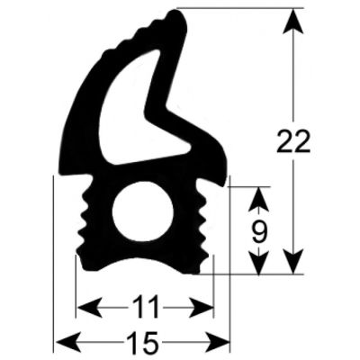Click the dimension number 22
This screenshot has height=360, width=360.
294,140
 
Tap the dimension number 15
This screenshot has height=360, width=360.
143,343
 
